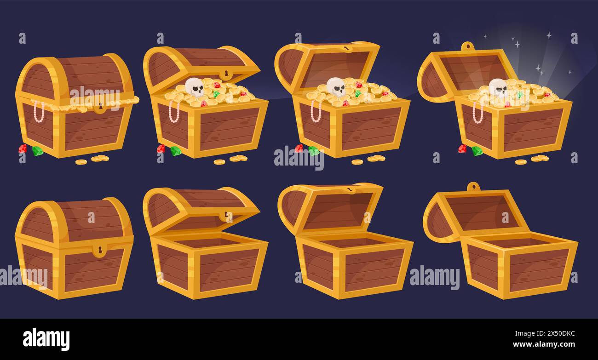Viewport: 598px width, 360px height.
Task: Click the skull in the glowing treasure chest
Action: tap(498, 87)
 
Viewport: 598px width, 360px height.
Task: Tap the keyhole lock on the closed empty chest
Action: tap(99, 250)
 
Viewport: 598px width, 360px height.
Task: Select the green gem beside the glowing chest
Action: tap(477, 151)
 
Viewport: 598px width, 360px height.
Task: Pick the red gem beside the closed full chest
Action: tap(23, 149)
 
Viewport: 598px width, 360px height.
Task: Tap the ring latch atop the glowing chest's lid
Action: tap(467, 46)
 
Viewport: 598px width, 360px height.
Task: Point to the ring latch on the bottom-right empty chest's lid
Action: tap(473, 187)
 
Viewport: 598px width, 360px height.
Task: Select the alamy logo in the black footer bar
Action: tap(46, 339)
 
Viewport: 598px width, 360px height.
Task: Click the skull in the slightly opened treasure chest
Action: tap(195, 87)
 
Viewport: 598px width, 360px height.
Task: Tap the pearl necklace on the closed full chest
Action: tap(39, 112)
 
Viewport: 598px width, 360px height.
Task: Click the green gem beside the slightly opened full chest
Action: tap(176, 151)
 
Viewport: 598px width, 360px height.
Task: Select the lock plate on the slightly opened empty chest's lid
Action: tap(226, 216)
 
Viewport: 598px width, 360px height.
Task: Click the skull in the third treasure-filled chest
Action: tap(336, 87)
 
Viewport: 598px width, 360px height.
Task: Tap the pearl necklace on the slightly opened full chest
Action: tap(174, 111)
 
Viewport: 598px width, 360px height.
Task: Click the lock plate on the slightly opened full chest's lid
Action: tap(226, 74)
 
